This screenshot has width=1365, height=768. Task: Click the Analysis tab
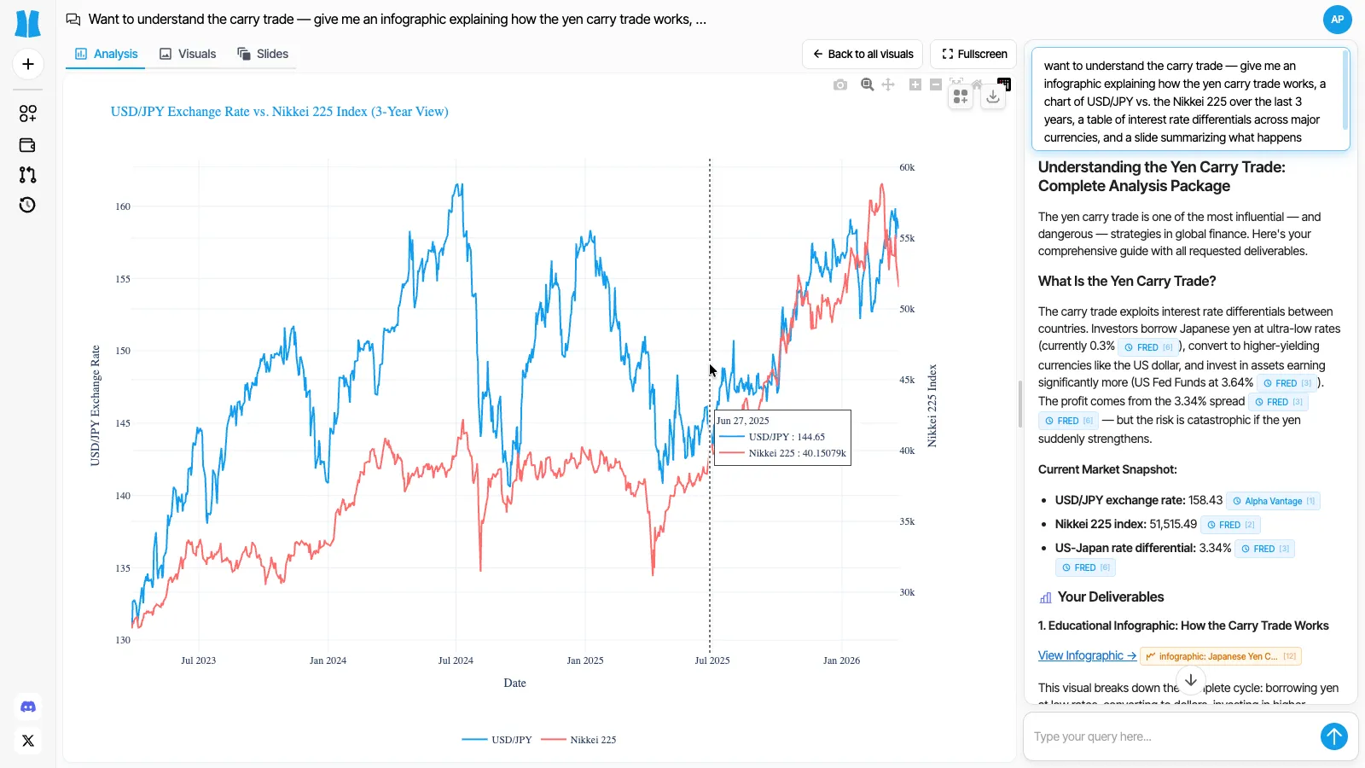107,54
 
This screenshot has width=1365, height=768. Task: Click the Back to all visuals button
862,54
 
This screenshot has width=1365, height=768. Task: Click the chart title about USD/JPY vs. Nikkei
279,112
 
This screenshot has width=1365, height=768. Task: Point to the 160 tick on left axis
123,207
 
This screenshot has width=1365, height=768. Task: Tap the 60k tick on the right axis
907,167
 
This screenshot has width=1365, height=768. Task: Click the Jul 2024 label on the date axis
456,660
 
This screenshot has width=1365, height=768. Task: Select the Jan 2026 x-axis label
841,660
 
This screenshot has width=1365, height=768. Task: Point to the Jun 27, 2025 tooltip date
743,421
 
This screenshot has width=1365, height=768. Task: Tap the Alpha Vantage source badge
1273,501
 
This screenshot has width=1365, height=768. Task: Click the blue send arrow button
1333,736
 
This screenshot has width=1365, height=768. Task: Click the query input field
1169,736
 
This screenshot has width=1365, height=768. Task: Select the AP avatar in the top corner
1337,19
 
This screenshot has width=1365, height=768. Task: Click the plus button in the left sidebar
28,64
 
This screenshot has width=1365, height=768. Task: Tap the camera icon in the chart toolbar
840,84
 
